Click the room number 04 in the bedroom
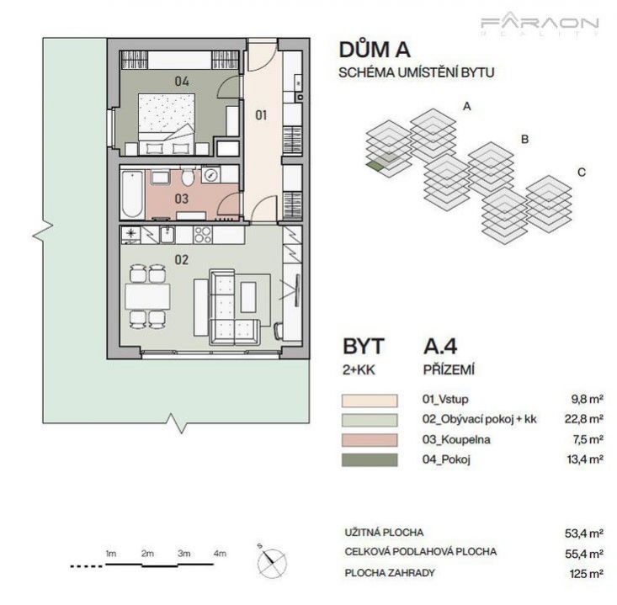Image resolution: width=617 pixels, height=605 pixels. click(x=182, y=82)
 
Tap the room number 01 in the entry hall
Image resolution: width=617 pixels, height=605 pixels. click(x=261, y=115)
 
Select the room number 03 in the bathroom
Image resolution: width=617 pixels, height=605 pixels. click(x=182, y=199)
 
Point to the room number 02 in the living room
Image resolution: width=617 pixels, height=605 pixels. click(x=182, y=260)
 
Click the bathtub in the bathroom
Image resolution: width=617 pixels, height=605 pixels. click(x=131, y=194)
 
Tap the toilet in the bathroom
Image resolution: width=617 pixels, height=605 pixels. click(x=188, y=177)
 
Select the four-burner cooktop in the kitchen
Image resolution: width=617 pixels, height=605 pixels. click(x=203, y=235)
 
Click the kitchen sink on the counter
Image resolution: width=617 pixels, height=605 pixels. click(x=168, y=235)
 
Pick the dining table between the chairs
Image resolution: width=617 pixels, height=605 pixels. click(x=147, y=296)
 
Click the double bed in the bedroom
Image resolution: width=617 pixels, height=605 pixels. click(x=167, y=125)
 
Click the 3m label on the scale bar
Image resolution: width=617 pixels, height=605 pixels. click(x=184, y=554)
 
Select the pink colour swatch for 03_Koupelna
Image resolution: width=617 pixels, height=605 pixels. click(x=370, y=440)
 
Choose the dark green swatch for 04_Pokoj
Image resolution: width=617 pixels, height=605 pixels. click(x=370, y=459)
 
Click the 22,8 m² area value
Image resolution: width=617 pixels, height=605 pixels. click(x=584, y=419)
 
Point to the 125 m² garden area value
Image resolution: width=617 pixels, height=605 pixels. click(x=587, y=574)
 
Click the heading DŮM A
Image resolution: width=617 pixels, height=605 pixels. click(x=375, y=50)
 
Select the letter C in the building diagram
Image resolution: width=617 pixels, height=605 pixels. click(x=581, y=172)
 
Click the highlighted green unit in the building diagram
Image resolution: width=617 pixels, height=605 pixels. click(x=374, y=165)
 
